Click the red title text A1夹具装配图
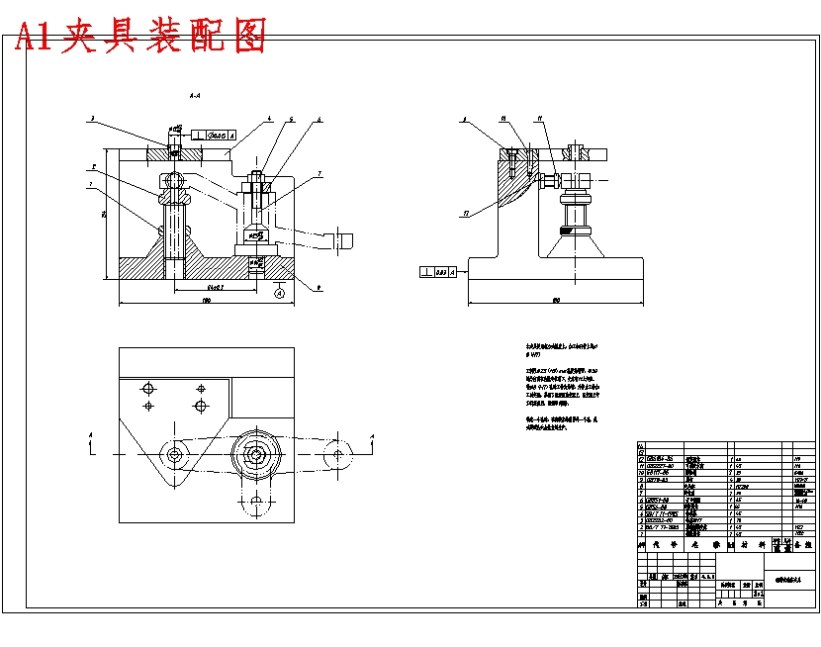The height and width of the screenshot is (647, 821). [139, 37]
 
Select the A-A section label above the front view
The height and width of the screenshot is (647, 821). [195, 96]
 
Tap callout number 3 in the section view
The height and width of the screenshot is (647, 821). [92, 119]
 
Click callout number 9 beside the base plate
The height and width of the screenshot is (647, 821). [319, 287]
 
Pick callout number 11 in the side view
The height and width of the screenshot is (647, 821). [540, 119]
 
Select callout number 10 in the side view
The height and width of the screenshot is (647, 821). [503, 119]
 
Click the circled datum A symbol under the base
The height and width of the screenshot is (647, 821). [279, 293]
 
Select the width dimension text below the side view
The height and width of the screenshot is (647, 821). [557, 300]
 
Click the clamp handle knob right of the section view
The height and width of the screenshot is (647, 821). [345, 238]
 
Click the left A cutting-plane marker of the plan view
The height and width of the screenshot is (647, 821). [92, 435]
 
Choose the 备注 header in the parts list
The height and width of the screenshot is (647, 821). [803, 544]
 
